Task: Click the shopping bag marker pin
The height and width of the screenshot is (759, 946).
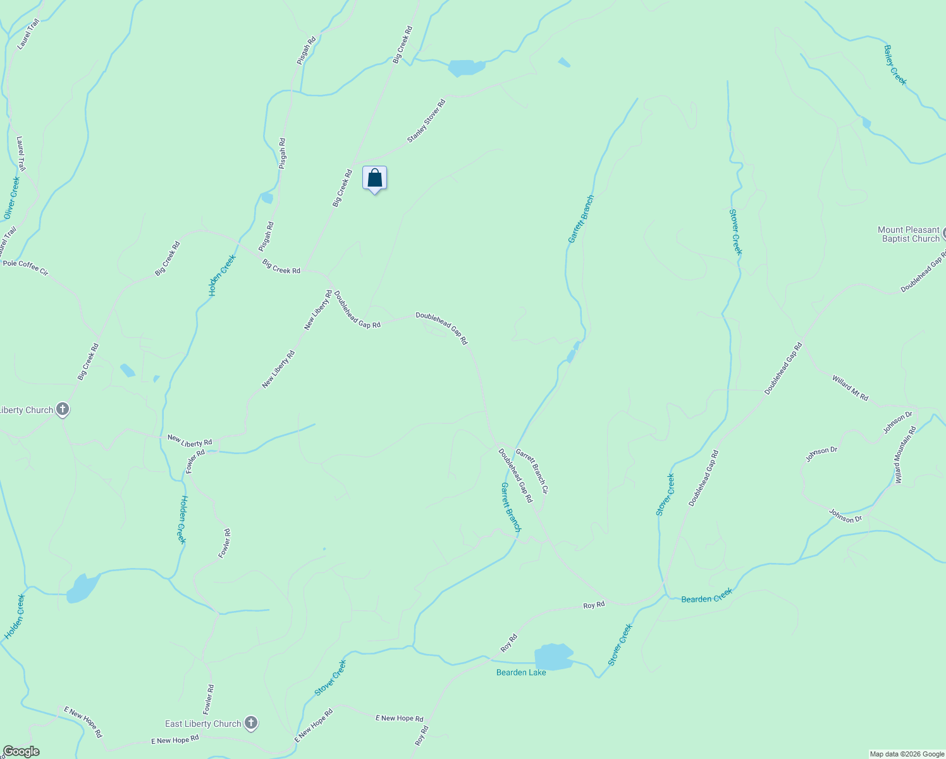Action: click(x=374, y=178)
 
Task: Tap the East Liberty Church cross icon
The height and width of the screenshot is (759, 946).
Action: click(x=251, y=723)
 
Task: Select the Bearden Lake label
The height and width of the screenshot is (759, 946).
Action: click(x=521, y=672)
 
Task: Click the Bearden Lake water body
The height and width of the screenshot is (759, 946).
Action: click(x=553, y=657)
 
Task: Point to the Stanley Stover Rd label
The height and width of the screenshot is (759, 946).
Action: click(x=426, y=120)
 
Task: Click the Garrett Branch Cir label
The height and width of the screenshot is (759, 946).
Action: click(x=532, y=471)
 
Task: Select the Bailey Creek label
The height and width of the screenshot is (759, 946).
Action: click(x=895, y=65)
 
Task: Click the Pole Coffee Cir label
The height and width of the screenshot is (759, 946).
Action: click(x=25, y=268)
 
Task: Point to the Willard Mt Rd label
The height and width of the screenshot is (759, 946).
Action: click(x=850, y=388)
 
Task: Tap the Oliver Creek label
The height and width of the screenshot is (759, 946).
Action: click(x=12, y=198)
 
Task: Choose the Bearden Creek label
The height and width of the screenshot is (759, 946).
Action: click(x=706, y=596)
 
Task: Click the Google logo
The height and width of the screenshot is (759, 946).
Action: click(x=21, y=751)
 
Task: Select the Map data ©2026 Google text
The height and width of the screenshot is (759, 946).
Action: click(x=907, y=754)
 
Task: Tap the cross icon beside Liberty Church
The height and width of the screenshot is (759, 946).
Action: click(x=63, y=409)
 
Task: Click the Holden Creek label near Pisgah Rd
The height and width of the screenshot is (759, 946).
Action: click(x=222, y=275)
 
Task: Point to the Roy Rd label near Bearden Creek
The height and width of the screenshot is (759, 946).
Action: click(x=594, y=605)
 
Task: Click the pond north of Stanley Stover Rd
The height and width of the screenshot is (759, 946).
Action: click(x=466, y=67)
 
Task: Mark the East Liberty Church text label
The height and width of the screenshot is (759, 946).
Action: click(x=203, y=724)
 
